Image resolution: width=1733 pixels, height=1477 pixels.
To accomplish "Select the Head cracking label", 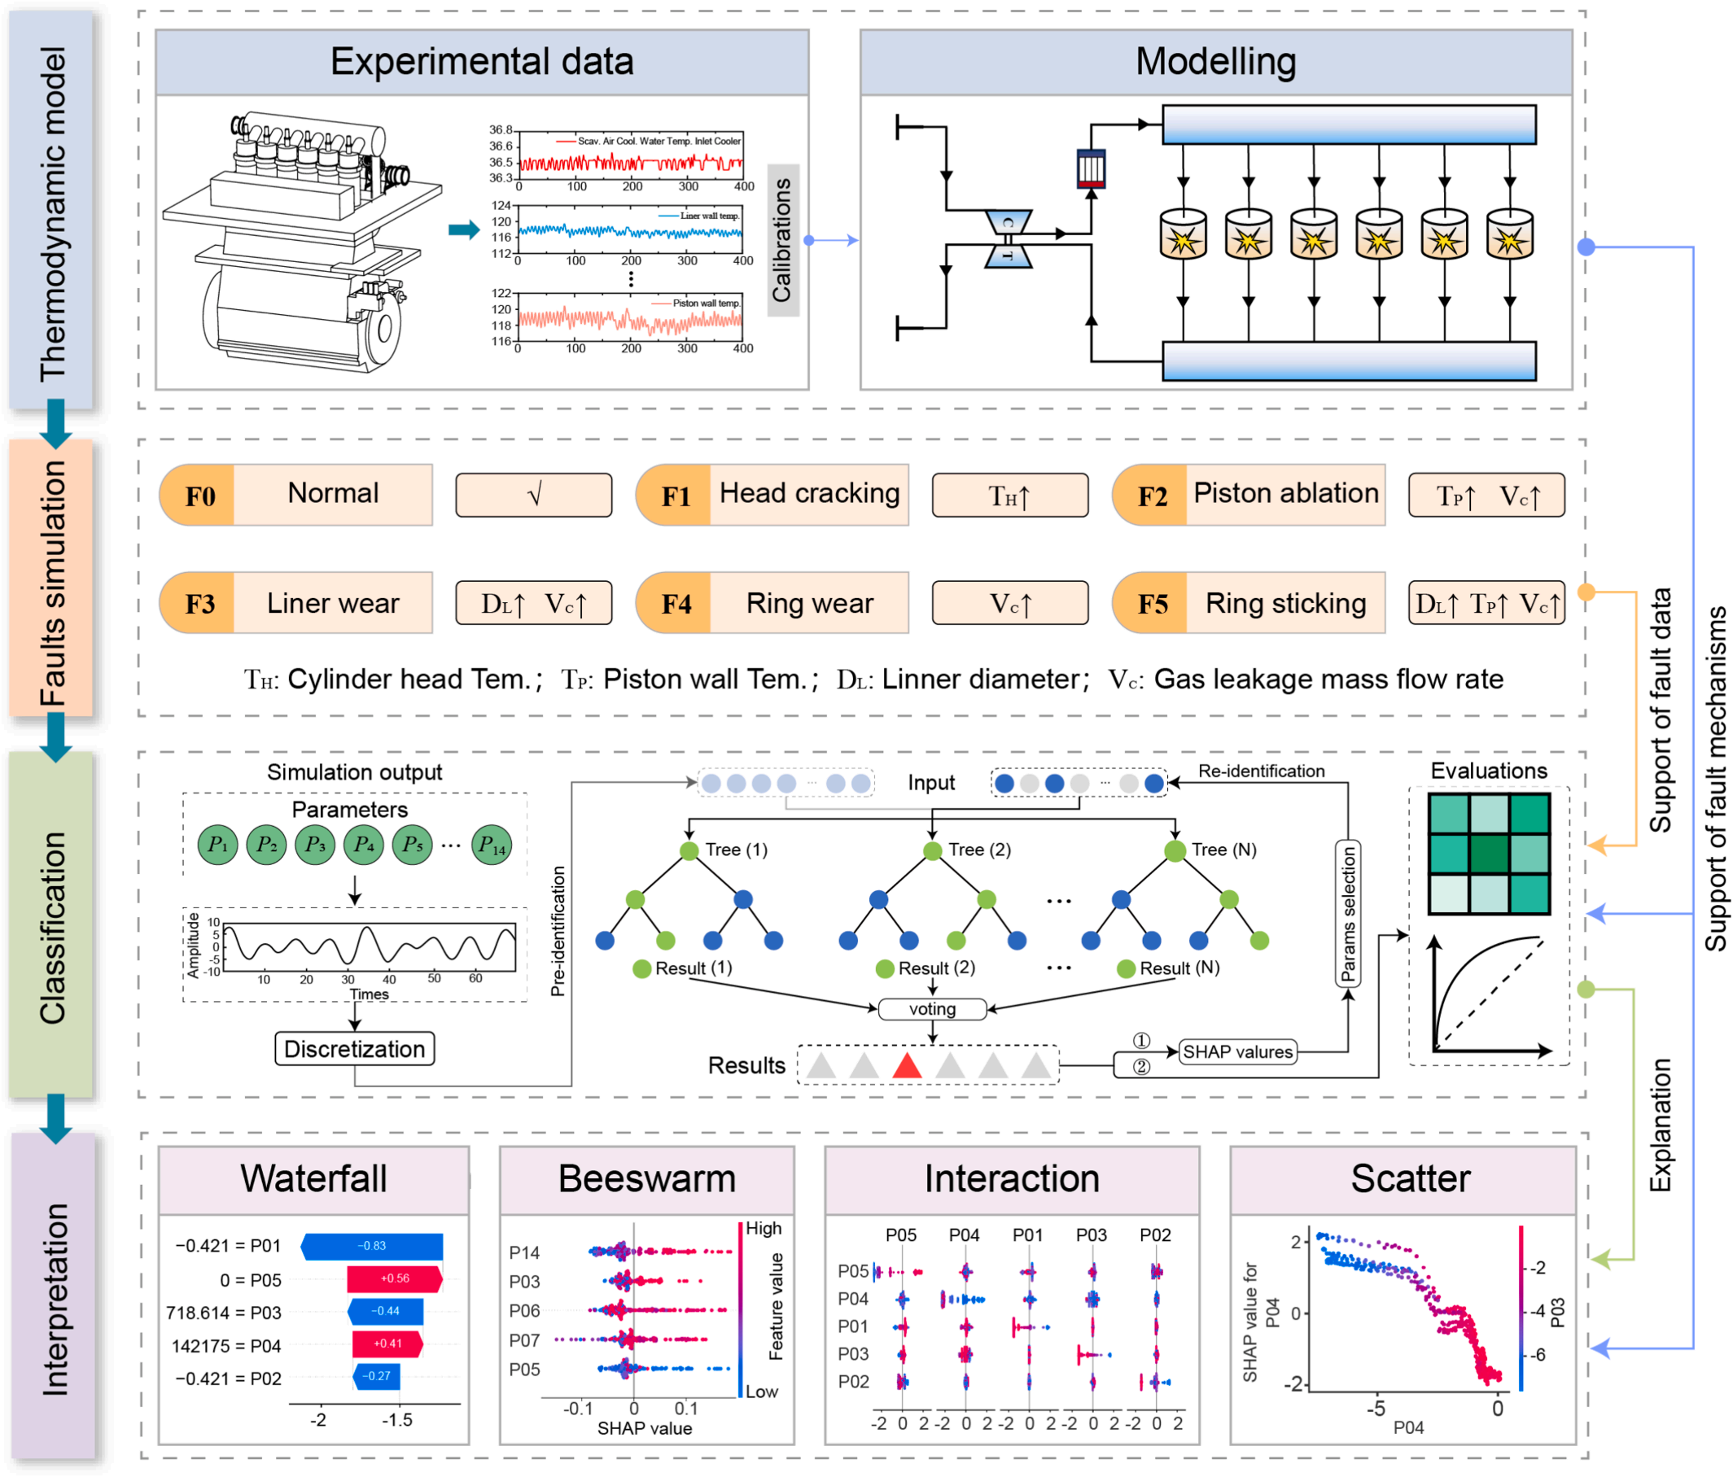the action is click(809, 493).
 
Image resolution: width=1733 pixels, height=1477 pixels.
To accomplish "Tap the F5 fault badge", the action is click(1151, 603).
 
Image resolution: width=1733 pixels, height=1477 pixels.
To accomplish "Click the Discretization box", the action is click(355, 1049).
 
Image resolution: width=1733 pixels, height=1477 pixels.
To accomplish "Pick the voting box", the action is click(932, 1008).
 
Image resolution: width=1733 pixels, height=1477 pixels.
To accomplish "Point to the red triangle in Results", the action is click(907, 1065).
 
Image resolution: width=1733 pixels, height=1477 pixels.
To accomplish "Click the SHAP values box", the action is click(1238, 1051).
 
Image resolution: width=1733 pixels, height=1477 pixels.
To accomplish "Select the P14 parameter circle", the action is click(491, 845).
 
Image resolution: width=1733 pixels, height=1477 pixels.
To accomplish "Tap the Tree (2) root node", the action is click(933, 851).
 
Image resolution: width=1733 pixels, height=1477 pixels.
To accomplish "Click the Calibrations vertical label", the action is click(782, 240).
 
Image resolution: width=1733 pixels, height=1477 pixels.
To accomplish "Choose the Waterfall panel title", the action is click(313, 1178).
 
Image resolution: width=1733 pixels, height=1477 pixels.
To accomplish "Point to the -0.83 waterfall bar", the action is click(372, 1246).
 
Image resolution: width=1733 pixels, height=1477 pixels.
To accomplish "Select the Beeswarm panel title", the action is click(646, 1178).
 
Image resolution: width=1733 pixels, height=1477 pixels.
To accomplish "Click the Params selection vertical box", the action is click(1347, 913).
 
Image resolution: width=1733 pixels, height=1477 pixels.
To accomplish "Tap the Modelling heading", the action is click(1215, 62).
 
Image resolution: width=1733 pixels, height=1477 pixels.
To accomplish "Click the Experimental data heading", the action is click(482, 62).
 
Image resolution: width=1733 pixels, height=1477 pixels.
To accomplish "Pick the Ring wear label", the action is click(809, 603).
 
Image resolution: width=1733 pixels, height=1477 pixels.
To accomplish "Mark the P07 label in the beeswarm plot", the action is click(524, 1339).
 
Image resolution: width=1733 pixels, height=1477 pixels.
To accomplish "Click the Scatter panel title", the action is click(1410, 1178).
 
